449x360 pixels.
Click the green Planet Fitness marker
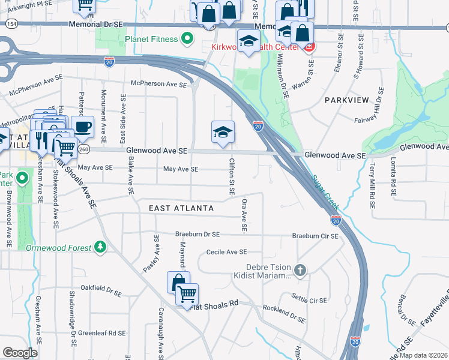187,39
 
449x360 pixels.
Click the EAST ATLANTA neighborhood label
181,208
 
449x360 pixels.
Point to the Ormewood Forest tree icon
100,248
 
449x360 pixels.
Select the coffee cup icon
83,127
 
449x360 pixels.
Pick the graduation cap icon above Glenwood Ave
223,132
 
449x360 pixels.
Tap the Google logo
20,352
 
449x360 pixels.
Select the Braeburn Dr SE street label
197,234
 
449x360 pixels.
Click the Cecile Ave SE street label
226,252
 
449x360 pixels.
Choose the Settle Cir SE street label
309,300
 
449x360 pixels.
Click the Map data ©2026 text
423,355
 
